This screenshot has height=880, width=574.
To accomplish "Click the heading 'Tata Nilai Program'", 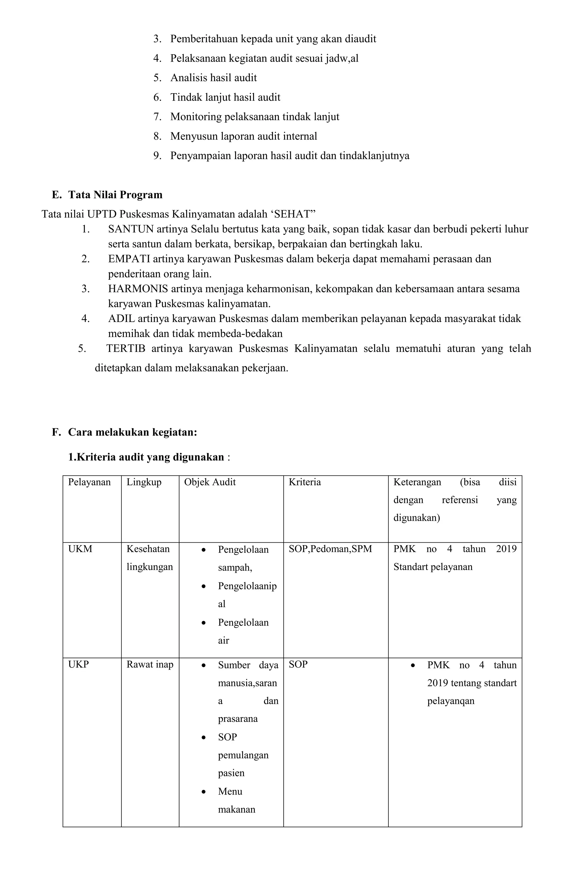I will point(115,195).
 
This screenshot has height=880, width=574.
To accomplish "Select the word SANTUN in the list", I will point(131,229).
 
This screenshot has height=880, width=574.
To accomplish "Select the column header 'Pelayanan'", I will point(89,482).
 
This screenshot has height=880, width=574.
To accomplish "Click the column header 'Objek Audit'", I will point(210,482).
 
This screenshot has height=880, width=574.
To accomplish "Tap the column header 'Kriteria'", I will point(305,482).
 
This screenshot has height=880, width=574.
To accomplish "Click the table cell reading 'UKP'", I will point(78,664).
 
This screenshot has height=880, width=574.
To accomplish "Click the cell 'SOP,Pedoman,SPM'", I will point(330,549).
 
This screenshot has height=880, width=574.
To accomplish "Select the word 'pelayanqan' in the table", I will point(450,701).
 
